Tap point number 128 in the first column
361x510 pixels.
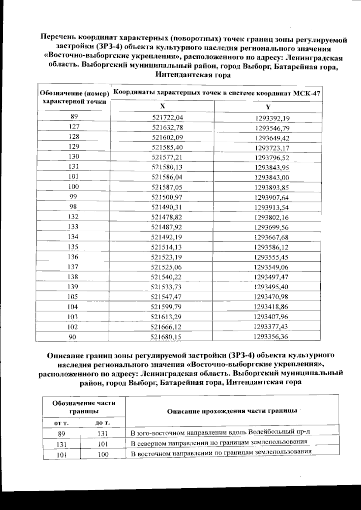[74, 137]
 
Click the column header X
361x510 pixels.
[162, 106]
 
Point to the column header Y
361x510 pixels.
[268, 107]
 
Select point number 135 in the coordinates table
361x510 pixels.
[73, 247]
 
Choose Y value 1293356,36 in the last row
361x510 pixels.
[270, 337]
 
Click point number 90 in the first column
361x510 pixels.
[73, 337]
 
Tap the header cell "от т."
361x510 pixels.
[61, 423]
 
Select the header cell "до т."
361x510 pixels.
[103, 423]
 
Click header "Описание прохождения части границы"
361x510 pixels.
[232, 411]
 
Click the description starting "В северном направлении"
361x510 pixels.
[219, 443]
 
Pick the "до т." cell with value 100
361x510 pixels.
[103, 454]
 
